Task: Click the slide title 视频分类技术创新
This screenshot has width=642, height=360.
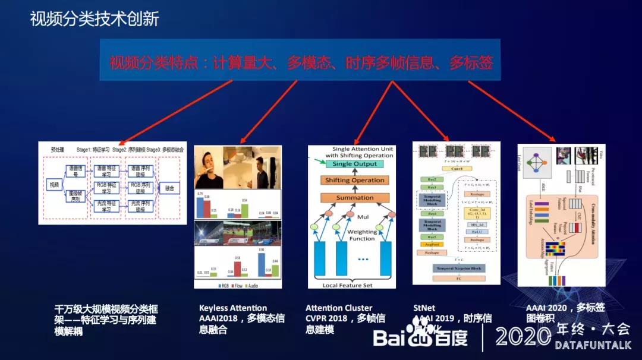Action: (95, 20)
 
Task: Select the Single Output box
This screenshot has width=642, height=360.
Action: (354, 163)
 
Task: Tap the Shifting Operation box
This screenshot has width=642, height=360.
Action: (354, 180)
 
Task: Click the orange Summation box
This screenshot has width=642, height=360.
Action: (355, 197)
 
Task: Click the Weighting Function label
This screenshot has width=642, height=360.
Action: (362, 235)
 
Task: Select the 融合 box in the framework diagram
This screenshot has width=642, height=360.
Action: (169, 188)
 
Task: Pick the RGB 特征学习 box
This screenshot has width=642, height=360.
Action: (105, 188)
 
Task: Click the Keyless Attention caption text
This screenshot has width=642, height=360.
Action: (233, 308)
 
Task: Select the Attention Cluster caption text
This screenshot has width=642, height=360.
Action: (339, 308)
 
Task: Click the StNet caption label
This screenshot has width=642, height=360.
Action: (424, 308)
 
